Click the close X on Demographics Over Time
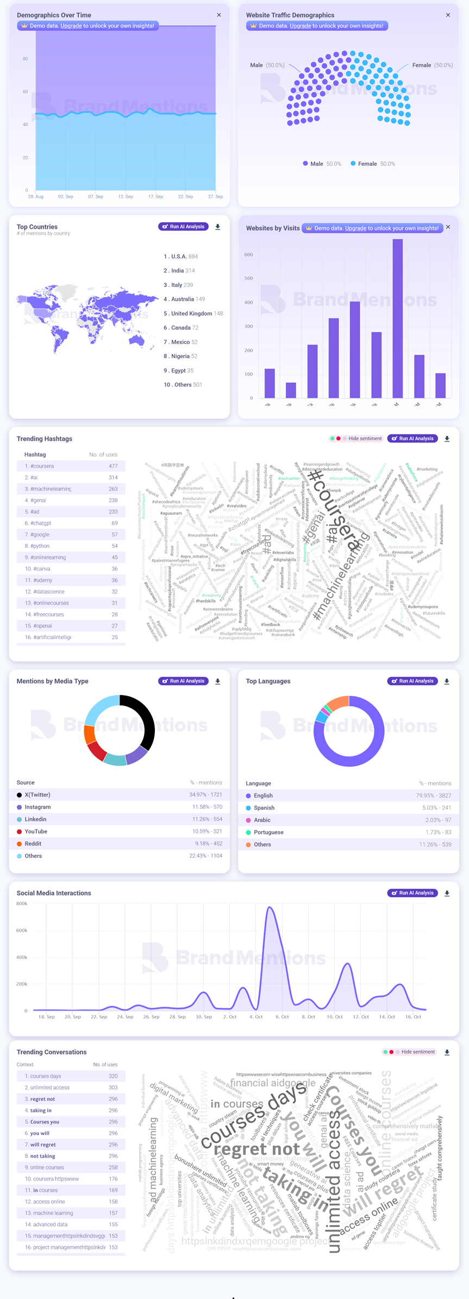coord(219,15)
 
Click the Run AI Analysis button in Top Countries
coord(184,227)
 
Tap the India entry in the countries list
coord(179,271)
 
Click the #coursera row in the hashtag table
coord(71,466)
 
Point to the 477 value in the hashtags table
coord(113,466)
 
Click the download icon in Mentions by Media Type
coord(218,681)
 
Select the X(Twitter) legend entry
coord(37,795)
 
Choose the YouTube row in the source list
coord(36,832)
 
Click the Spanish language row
coord(264,808)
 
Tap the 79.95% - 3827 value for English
coord(433,796)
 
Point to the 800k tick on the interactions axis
coord(22,904)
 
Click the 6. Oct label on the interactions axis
coord(282,1016)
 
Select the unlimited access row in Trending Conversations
coord(50,1088)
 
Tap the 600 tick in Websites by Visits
coord(248,254)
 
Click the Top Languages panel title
coord(268,681)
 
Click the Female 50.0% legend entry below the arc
coord(373,164)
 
